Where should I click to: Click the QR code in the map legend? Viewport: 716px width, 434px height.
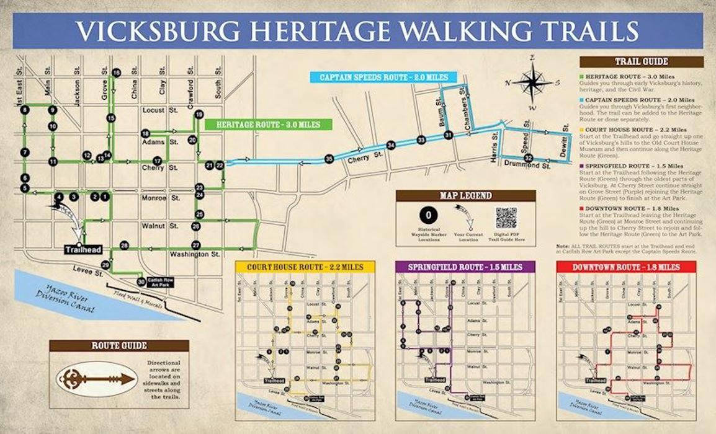coord(506,218)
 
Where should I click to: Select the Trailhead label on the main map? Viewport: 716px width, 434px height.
coord(82,250)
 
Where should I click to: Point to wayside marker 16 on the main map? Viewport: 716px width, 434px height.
coord(116,73)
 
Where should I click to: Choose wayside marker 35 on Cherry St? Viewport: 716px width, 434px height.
coord(329,159)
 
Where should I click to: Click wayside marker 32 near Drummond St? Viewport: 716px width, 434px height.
coord(528,158)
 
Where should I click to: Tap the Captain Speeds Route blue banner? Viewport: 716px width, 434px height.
coord(383,77)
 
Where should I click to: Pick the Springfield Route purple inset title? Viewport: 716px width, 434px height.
coord(465,267)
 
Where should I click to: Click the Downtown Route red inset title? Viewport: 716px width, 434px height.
coord(626,267)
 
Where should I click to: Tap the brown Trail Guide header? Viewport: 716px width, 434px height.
coord(642,62)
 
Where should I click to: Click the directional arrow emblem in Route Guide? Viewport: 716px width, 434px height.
coord(96,378)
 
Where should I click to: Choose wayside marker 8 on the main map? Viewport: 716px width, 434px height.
coord(24,110)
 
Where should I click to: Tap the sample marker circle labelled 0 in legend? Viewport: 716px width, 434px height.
coord(426,216)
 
